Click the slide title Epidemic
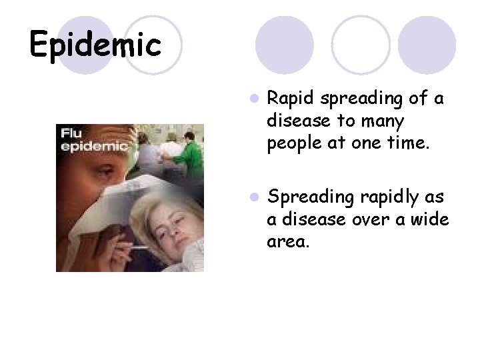tap(95, 45)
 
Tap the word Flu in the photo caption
tap(71, 133)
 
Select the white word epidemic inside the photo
tap(94, 146)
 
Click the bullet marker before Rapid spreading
tap(253, 99)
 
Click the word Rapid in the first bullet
tap(291, 99)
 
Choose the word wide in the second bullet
tap(430, 219)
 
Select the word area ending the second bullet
tap(287, 241)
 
